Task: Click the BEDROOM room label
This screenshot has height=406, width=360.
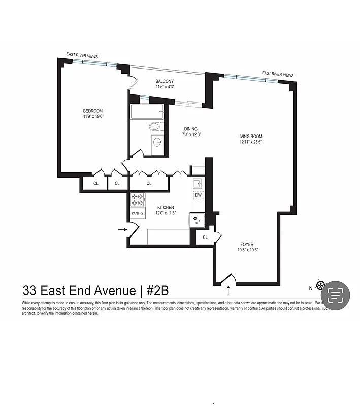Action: point(93,111)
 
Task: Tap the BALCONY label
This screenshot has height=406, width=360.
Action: point(165,81)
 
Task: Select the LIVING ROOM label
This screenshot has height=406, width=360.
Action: point(250,136)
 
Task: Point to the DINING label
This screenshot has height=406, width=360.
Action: point(190,129)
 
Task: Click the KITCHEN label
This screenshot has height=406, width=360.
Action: point(166,207)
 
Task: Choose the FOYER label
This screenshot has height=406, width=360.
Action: point(247,244)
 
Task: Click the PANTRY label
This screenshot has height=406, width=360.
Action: point(138,213)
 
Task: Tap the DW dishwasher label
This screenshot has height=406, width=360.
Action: point(198,195)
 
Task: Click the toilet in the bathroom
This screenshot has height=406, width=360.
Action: point(154,126)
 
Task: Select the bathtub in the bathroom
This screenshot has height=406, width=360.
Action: point(146,112)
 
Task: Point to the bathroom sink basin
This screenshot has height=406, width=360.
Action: point(157,142)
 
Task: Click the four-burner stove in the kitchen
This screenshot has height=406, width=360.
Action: point(138,199)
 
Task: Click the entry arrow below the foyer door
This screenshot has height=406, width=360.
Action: point(228,290)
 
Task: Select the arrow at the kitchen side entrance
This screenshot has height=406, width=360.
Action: point(122,229)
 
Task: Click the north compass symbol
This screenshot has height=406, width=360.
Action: point(321,285)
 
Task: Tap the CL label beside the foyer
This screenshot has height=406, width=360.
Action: point(205,237)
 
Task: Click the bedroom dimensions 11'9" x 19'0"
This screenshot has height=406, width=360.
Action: point(93,117)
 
